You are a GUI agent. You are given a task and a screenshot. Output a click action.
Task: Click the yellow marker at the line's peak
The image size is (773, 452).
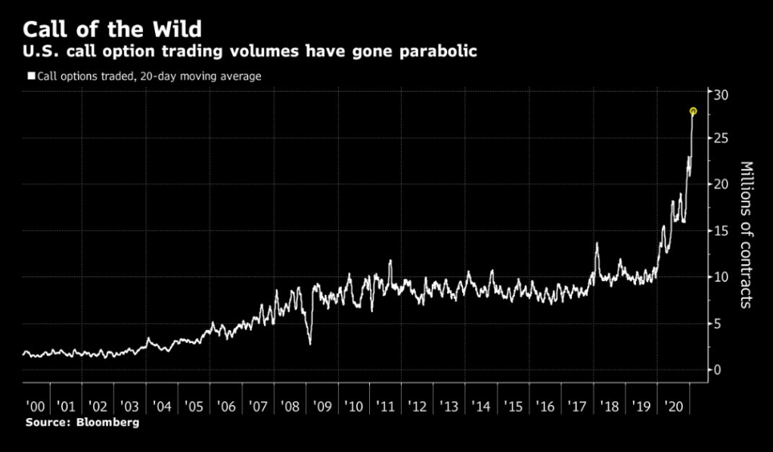click(693, 111)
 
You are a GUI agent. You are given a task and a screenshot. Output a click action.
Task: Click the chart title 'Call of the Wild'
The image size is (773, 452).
click(112, 30)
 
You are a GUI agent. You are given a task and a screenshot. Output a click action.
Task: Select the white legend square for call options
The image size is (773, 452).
click(31, 76)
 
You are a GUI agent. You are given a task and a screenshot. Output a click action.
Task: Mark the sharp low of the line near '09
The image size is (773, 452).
click(310, 344)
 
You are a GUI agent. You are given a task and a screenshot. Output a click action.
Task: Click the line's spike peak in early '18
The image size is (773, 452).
click(597, 243)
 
